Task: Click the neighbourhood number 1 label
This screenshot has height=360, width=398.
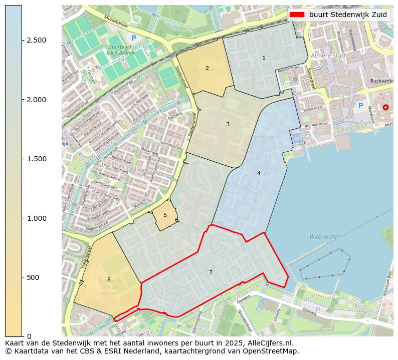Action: coord(264,58)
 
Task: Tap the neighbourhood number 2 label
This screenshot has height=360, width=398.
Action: coord(207,68)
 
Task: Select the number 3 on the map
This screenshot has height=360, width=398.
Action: coord(228,124)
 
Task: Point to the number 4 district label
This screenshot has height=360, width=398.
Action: coord(259,173)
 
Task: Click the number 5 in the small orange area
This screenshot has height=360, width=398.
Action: coord(165,215)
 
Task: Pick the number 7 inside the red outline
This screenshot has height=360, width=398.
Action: coord(211,272)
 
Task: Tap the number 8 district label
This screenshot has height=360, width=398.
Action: coord(109,279)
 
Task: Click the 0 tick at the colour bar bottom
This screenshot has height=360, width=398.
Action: coord(29,336)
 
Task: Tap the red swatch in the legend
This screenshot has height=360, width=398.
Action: coord(297,15)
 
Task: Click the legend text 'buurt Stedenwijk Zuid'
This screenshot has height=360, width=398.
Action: coord(348,15)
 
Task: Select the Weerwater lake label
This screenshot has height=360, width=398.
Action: coord(324,236)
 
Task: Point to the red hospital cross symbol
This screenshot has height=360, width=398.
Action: coord(385,107)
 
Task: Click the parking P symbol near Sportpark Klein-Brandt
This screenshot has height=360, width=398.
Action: coord(133,38)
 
